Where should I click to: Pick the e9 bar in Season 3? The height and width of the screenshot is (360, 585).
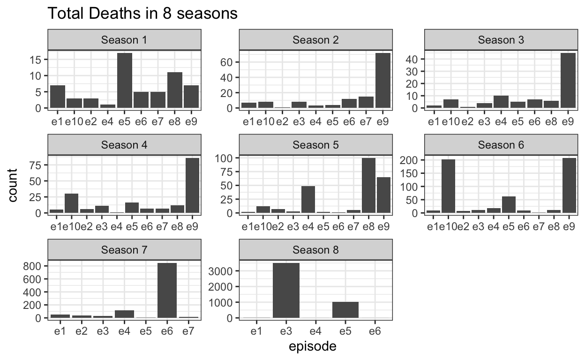tap(568, 81)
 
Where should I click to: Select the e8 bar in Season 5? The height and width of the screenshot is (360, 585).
tap(367, 186)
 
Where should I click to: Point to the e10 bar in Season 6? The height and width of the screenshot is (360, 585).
tap(448, 186)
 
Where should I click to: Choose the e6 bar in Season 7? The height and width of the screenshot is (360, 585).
tap(167, 291)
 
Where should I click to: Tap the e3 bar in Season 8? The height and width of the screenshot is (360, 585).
tap(285, 291)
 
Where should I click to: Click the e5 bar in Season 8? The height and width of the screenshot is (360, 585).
tap(345, 310)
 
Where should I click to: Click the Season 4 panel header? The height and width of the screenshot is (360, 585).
tap(125, 145)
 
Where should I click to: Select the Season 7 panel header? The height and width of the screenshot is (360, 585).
tap(125, 250)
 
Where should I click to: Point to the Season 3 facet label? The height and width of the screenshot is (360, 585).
tap(500, 40)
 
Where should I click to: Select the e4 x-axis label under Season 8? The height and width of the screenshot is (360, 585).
tap(315, 331)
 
